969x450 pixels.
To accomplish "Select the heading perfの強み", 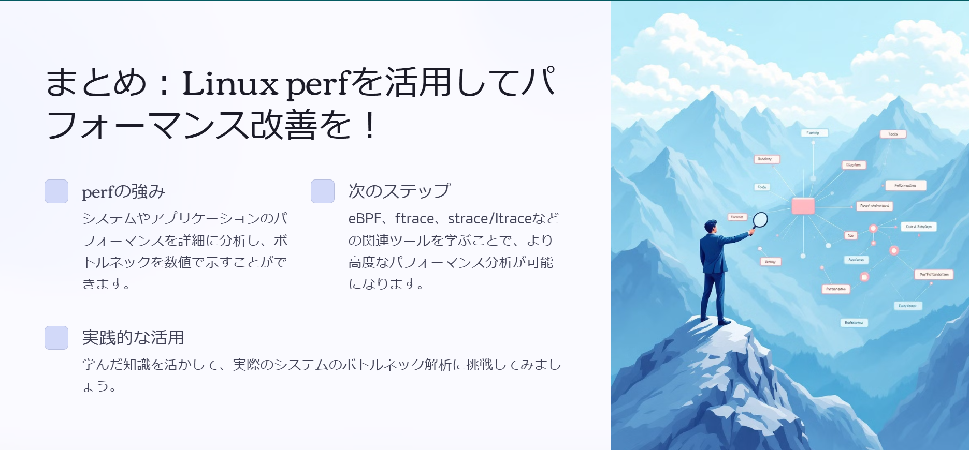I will [123, 192].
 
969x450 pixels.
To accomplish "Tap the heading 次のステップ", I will [399, 191].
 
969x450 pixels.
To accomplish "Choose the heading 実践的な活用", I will [133, 338].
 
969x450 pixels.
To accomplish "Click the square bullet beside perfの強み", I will [56, 191].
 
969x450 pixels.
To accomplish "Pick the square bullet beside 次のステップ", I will [323, 191].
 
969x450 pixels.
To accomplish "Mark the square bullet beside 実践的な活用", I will [56, 338].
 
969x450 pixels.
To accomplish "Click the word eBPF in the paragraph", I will [365, 219].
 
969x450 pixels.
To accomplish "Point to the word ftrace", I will [414, 219].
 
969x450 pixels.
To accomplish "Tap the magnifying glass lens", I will [760, 220].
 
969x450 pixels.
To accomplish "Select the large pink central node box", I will [803, 206].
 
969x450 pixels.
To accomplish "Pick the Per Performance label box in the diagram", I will [934, 274].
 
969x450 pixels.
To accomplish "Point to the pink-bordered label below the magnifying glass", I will [770, 262].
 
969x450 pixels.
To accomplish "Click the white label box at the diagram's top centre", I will [813, 133].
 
